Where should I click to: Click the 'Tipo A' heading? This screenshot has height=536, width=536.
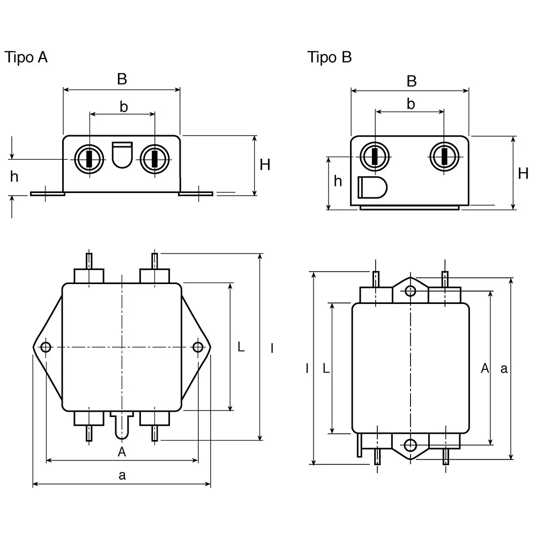pos(26,57)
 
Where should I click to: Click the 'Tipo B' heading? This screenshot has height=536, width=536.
pos(329,57)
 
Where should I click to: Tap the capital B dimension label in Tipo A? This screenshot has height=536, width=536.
pos(122,79)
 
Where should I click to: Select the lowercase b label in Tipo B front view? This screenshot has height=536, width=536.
pos(411,104)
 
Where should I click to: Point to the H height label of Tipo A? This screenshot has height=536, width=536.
pos(265,165)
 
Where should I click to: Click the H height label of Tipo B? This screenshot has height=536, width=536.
pos(523,173)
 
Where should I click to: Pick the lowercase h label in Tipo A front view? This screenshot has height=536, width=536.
pos(14,176)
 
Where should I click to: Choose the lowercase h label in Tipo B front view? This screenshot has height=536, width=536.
pos(338,181)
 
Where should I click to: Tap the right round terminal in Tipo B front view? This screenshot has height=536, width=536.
pos(444,157)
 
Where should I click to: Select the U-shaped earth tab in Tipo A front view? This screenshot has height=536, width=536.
pos(122,154)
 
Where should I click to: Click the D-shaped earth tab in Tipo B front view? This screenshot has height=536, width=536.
pos(371,188)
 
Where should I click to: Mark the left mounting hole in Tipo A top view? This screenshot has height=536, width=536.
pos(46,347)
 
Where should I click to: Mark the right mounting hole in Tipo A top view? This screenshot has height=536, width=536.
pos(198,347)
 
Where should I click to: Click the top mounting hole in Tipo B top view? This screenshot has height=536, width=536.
pos(410,291)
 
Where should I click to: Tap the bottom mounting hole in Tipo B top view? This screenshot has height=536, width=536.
pos(410,445)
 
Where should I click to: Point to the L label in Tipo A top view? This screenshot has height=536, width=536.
pos(241,347)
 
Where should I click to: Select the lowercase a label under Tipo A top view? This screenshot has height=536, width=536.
pos(122,475)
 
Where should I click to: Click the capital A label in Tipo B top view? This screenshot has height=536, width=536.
pos(485,368)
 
